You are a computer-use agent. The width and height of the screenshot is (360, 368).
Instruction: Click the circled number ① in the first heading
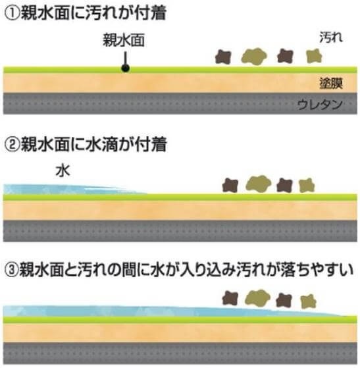tap(13, 14)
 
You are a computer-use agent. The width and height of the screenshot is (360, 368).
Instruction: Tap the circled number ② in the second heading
tap(13, 145)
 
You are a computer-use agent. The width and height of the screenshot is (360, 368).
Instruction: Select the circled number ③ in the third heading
tap(11, 270)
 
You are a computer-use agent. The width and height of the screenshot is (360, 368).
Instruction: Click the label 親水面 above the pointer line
tap(124, 40)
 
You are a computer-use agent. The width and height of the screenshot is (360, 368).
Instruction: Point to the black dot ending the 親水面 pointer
tap(126, 68)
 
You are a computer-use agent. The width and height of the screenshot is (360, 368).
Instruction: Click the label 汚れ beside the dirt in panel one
tap(331, 38)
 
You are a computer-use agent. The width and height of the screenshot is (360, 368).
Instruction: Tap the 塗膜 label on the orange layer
tap(331, 83)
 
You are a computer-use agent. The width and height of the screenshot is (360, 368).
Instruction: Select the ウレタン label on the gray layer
tap(320, 105)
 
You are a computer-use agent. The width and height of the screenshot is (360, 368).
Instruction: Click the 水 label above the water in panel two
tap(63, 171)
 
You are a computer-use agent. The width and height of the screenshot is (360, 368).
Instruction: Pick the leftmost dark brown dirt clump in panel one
tap(223, 57)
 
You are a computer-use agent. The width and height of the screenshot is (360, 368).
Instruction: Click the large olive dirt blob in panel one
tap(254, 57)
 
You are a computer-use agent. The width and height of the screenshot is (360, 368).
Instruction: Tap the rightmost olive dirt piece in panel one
tap(314, 56)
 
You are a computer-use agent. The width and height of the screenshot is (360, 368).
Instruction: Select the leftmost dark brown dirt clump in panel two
tap(230, 185)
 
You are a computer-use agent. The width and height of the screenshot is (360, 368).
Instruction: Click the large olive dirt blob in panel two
tap(259, 184)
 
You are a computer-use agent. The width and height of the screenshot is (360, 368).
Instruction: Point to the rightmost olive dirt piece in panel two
tap(307, 185)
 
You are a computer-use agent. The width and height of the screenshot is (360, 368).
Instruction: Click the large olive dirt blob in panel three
tap(257, 298)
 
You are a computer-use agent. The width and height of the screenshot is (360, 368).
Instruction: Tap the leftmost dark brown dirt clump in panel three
tap(230, 298)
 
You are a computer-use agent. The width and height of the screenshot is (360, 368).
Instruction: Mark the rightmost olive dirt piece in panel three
tap(309, 301)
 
